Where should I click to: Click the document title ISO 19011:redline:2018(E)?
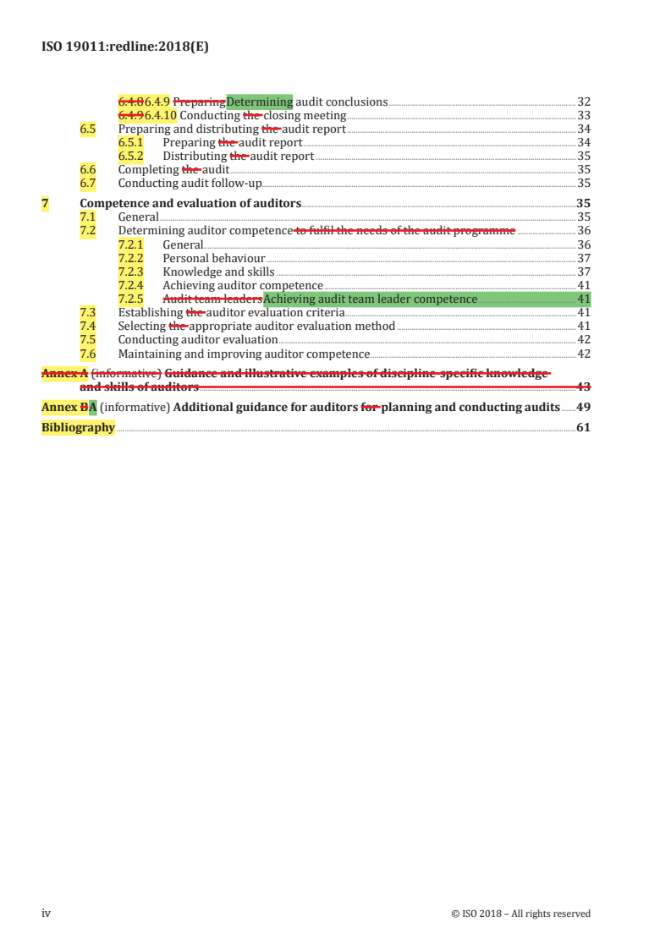click(125, 48)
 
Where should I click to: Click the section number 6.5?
click(87, 129)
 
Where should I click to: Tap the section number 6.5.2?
click(130, 156)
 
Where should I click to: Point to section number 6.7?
click(87, 183)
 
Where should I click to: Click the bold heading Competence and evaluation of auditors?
click(190, 203)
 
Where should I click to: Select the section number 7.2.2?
click(130, 258)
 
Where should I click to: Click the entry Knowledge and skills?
click(218, 272)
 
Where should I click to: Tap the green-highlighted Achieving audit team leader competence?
click(371, 299)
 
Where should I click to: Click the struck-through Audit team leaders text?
click(212, 299)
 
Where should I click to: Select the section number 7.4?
click(87, 326)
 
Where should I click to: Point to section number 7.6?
click(87, 354)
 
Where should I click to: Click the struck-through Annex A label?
click(64, 373)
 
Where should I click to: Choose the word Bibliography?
click(78, 427)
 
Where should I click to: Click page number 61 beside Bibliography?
click(582, 427)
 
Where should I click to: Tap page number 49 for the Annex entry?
click(582, 407)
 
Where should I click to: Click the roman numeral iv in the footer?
click(47, 913)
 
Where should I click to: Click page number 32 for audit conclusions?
click(583, 102)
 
